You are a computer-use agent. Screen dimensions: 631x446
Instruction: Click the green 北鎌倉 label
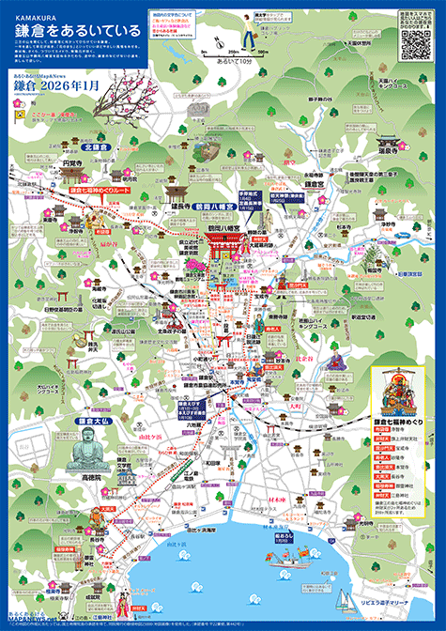click(x=97, y=147)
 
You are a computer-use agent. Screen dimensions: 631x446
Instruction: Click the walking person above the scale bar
click(x=247, y=35)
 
